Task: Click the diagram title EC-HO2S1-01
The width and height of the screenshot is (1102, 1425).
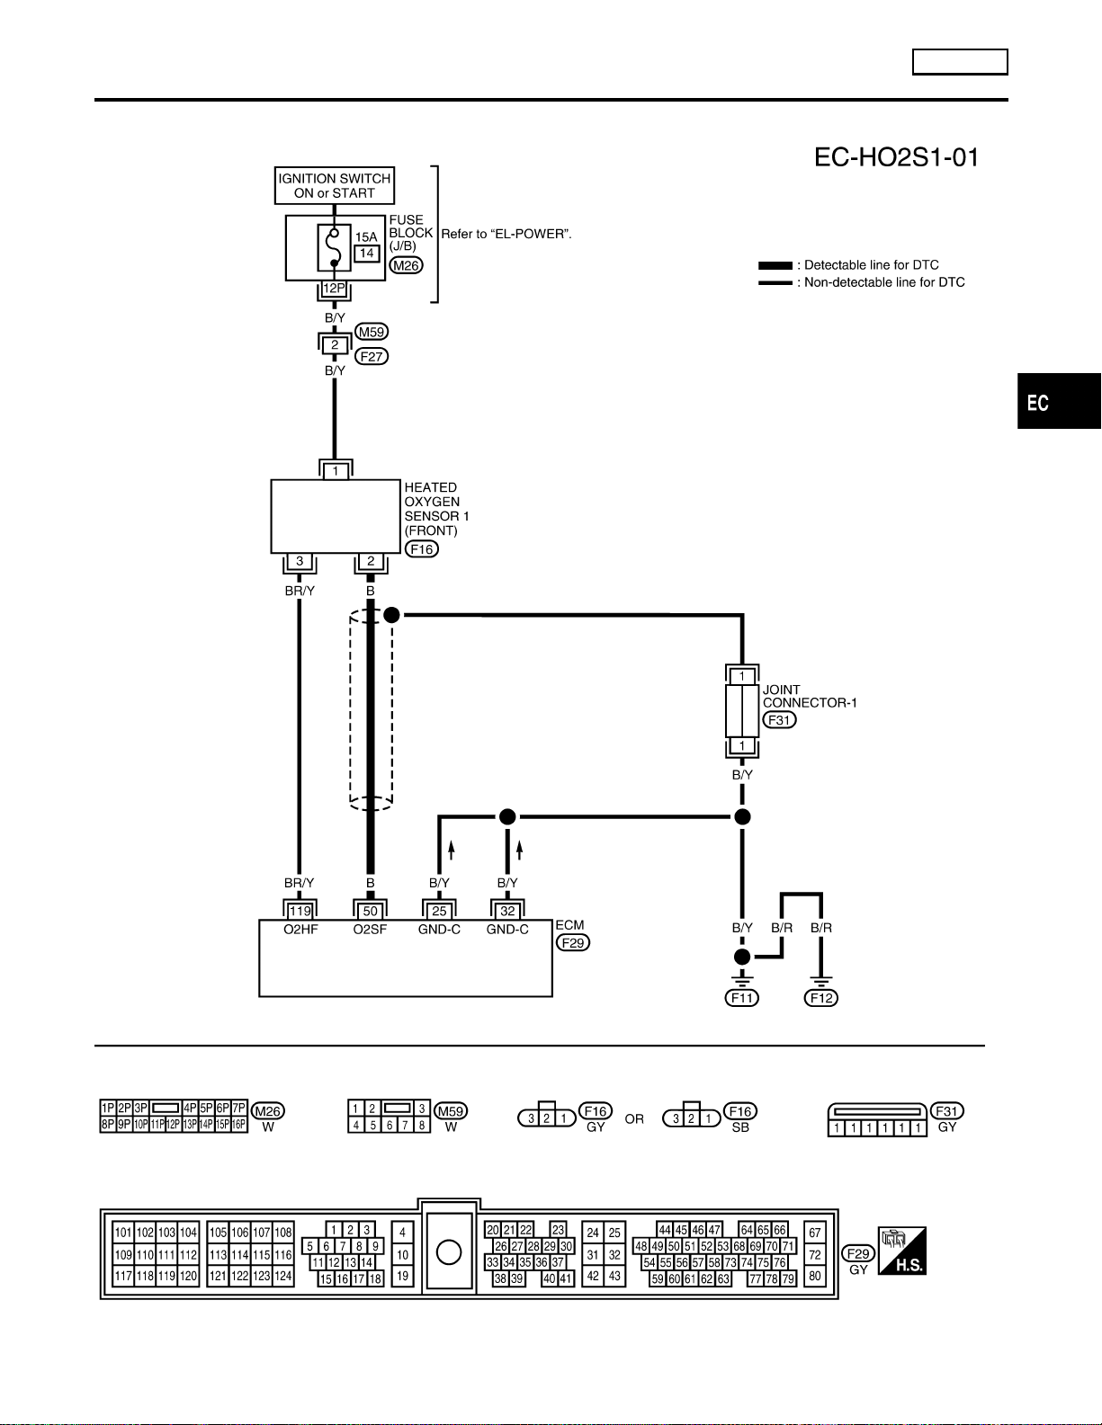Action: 896,157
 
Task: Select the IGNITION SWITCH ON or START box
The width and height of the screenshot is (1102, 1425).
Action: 335,185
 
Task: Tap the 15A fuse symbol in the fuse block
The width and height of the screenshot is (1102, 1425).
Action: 334,248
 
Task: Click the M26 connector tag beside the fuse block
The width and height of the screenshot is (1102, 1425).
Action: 406,265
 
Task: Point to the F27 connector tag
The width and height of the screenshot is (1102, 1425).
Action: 372,357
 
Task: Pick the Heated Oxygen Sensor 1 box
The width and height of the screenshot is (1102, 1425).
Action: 336,517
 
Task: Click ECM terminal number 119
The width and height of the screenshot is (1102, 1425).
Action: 300,911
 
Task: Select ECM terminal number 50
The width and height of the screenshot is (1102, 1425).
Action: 370,911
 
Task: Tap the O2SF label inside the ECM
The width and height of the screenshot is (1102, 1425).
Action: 370,930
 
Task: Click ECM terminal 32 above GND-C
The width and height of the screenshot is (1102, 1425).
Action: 507,911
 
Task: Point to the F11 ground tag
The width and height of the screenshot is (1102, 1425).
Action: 742,998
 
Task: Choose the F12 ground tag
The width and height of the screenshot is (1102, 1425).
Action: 821,998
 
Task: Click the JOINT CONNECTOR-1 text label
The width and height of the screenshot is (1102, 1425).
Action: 810,697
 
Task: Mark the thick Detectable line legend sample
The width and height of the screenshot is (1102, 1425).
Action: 775,265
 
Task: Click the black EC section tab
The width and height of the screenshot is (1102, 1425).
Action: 1060,401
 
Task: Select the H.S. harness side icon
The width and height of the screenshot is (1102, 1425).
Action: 902,1251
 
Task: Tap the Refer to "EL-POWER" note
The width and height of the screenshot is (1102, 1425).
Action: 506,234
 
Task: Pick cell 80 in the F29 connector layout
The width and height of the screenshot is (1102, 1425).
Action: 815,1276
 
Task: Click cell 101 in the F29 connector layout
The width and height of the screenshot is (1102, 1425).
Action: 123,1233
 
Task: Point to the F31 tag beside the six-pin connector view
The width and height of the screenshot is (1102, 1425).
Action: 947,1111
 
